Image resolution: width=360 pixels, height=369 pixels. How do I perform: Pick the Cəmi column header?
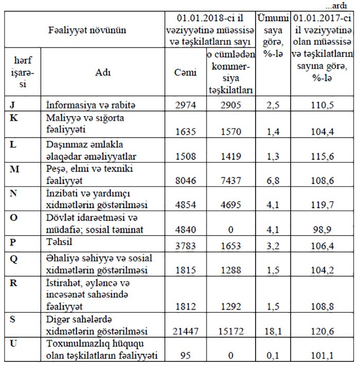pyautogui.click(x=186, y=72)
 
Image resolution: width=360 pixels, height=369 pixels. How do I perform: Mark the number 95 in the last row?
pyautogui.click(x=185, y=355)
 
